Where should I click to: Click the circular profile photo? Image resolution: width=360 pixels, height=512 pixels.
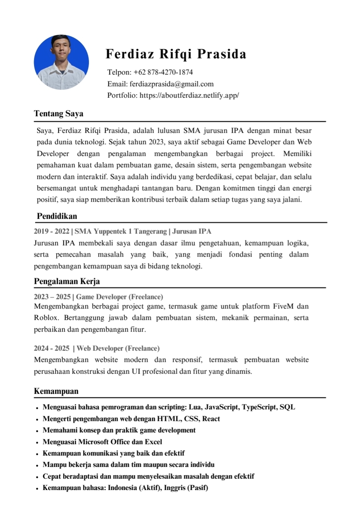pos(61,62)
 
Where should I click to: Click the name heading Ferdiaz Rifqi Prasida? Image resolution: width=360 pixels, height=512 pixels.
pos(176,54)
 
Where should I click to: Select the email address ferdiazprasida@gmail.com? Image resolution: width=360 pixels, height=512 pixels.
pos(171,84)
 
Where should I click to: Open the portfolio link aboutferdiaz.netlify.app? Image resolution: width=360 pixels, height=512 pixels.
pos(189,95)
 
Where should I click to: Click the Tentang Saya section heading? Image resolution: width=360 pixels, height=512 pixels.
pos(59,114)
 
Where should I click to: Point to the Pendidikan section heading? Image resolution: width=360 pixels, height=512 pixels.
pos(57,216)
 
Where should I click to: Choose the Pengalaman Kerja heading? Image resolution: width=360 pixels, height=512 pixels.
pos(67,281)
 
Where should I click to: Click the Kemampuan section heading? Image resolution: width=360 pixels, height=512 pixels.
pos(56,391)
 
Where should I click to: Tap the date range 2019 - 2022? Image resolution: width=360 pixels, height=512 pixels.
pos(51,231)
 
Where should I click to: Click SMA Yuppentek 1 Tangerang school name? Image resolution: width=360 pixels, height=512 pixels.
pos(121,231)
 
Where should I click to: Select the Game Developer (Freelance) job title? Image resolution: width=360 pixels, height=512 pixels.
pos(119,297)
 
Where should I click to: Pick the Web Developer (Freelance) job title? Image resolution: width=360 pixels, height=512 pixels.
pos(118,348)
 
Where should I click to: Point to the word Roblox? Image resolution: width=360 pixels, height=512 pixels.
pos(46,318)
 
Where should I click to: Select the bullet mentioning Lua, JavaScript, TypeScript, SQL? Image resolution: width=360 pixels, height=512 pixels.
pos(169,407)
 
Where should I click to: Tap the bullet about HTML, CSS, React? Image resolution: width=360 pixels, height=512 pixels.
pos(131,419)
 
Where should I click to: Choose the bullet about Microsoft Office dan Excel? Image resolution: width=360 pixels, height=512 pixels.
pos(102,442)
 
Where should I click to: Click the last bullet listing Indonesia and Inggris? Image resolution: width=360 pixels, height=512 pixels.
pos(125,488)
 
